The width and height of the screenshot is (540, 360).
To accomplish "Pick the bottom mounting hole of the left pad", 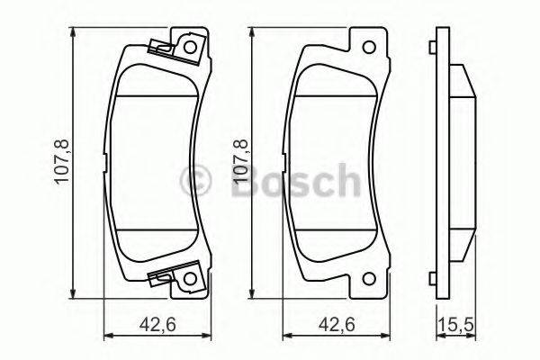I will (189, 284).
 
